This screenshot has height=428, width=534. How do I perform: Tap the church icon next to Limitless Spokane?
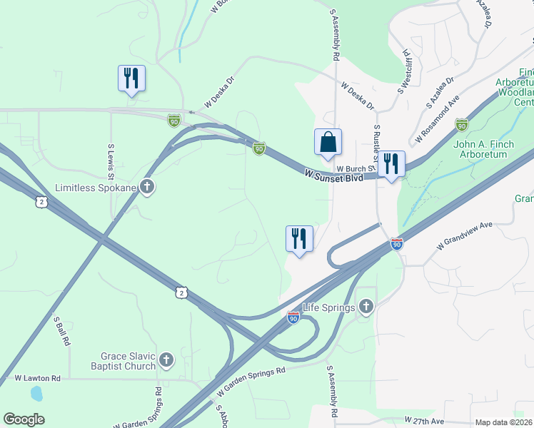(x=148, y=188)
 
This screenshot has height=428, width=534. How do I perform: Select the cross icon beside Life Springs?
(x=366, y=307)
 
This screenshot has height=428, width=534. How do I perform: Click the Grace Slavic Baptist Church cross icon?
(x=166, y=361)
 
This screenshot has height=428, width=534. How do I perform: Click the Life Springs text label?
(x=328, y=307)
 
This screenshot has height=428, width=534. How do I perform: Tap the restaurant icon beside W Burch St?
(x=391, y=164)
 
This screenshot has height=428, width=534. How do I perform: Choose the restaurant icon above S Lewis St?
(x=131, y=78)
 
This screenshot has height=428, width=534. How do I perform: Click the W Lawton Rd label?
(x=38, y=377)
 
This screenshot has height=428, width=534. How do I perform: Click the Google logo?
(x=24, y=419)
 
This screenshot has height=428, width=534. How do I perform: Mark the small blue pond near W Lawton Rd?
(x=36, y=393)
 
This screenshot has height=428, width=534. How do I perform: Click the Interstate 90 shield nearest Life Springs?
(x=293, y=317)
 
